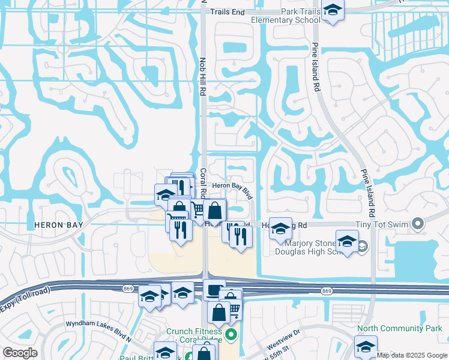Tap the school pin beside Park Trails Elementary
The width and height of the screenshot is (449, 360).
(333, 11)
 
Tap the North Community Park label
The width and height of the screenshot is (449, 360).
(399, 328)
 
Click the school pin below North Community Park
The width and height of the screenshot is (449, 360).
(366, 347)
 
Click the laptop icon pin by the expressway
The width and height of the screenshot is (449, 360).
(214, 291)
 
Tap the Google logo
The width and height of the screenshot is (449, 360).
(19, 353)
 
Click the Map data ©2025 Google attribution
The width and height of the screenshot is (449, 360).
(412, 355)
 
